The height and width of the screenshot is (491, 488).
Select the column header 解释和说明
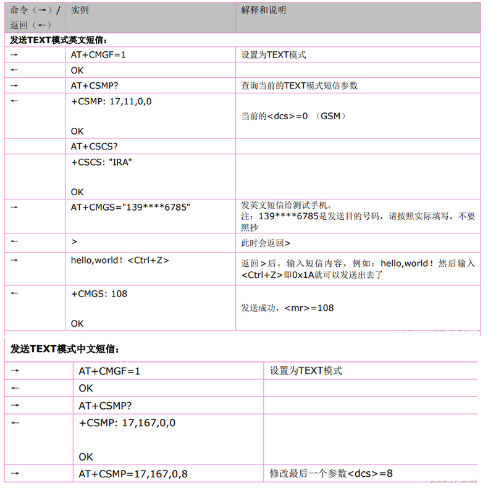coord(264,10)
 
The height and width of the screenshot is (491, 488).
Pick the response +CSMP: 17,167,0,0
coord(127,423)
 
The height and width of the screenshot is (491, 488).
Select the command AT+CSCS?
coord(95,146)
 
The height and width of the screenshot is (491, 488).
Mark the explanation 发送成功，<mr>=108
coord(287,308)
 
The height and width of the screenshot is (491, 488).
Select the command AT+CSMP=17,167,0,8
coord(133,474)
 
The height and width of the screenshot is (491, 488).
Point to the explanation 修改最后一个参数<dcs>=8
coord(331,474)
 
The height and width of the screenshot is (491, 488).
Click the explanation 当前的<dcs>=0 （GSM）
coord(293,116)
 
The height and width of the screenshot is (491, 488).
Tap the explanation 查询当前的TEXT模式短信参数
coord(299,86)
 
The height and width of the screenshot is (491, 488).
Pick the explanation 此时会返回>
coord(266,243)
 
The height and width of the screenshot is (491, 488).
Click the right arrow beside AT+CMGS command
coord(14,208)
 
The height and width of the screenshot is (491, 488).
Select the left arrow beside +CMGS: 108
coord(14,293)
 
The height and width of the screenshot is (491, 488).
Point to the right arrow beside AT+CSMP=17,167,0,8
coord(15,474)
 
